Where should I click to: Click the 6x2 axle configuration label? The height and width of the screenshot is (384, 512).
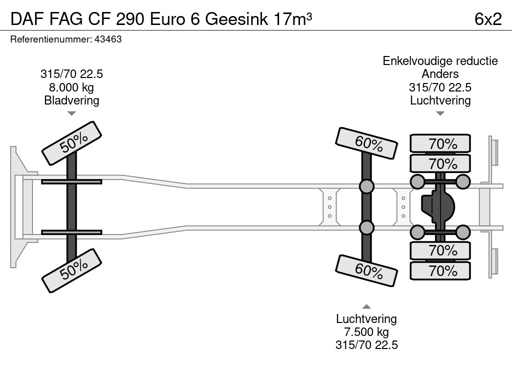(x=487, y=19)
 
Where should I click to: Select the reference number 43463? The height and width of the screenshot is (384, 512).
(x=108, y=39)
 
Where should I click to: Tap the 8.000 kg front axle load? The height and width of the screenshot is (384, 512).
(x=71, y=87)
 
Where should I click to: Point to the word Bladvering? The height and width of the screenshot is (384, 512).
(x=71, y=100)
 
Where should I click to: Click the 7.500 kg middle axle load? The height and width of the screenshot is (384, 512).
(x=366, y=332)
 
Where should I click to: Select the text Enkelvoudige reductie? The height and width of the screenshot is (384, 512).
(x=440, y=61)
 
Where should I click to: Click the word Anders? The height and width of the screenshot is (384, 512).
(x=440, y=74)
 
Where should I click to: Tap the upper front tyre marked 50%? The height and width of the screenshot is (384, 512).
(x=71, y=142)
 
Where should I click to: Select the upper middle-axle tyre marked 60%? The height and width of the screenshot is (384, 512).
(x=367, y=143)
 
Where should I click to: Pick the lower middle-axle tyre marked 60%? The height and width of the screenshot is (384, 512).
(x=367, y=270)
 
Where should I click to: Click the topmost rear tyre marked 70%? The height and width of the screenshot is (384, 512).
(x=440, y=143)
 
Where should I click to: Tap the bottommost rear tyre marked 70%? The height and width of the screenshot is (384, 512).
(x=440, y=270)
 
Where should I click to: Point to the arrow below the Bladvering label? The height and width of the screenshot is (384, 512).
(x=71, y=113)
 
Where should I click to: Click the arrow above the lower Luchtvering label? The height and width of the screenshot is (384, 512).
(x=366, y=306)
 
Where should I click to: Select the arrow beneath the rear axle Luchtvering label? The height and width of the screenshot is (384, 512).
(x=440, y=113)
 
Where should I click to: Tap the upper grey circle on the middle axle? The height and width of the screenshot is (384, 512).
(x=366, y=186)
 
